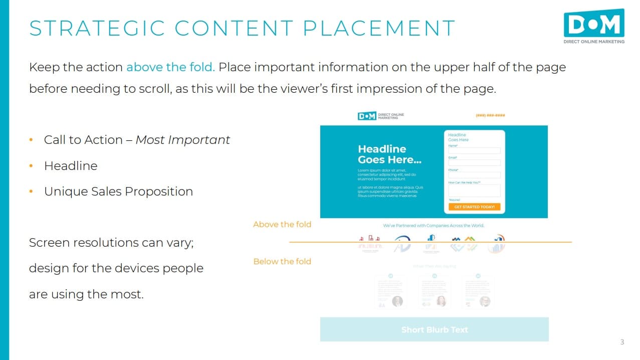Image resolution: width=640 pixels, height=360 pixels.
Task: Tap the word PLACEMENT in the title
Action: pos(379,28)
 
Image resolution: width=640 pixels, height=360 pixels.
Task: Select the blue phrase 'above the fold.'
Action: pos(170,67)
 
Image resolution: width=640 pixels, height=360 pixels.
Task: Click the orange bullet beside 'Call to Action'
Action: pos(31,140)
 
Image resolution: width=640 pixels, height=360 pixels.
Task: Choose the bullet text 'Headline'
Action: pos(71,166)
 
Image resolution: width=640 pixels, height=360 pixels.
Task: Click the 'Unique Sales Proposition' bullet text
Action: pos(118,192)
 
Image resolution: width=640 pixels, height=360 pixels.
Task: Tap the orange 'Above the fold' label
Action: pos(282,225)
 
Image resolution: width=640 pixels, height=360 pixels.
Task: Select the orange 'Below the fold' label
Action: pos(282,261)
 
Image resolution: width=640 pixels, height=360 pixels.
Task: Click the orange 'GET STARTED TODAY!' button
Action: pos(474,207)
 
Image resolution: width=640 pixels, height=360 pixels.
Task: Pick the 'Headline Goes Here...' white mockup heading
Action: pos(389,154)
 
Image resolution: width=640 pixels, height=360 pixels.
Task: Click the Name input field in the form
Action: pos(474,150)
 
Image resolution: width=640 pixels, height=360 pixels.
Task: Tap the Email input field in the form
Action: pos(474,162)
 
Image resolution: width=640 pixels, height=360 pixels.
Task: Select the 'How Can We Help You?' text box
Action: pos(474,191)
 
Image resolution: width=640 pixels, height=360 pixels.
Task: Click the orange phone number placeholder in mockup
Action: pos(490,115)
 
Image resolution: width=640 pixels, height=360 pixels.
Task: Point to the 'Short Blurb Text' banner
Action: pos(435,329)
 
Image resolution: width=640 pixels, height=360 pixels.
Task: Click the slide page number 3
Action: pos(622,342)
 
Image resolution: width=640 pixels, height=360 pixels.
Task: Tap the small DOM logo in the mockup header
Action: pos(367,116)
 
